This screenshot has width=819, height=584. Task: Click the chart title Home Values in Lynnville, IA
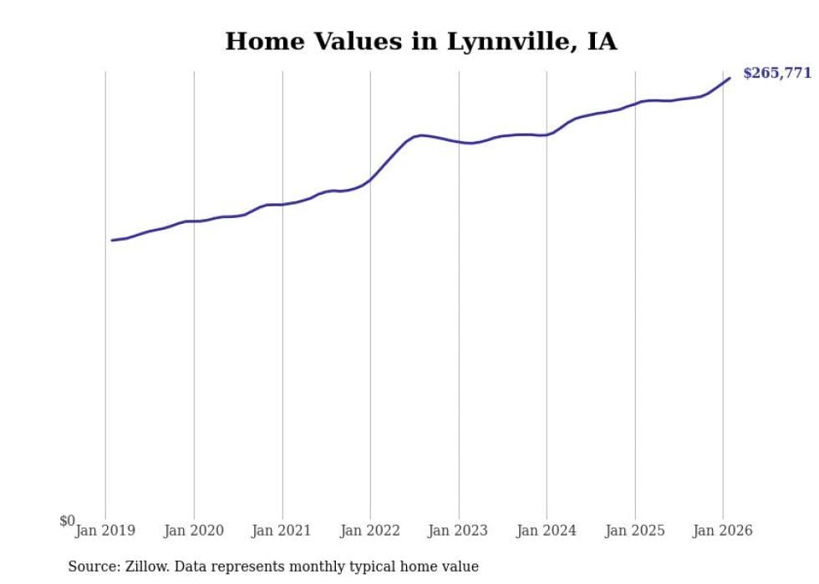420,42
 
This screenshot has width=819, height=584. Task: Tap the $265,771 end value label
776,73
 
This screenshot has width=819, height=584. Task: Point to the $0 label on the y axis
67,521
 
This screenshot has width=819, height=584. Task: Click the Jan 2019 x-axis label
105,531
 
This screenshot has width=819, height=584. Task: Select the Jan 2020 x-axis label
194,531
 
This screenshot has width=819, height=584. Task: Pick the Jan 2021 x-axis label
282,531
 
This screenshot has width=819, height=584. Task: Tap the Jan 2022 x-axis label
370,531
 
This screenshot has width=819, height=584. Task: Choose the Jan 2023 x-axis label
459,531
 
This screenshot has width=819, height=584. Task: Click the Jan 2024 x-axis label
547,531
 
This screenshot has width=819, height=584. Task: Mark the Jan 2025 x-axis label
635,531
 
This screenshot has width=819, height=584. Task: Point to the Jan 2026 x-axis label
723,531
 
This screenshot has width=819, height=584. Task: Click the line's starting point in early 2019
112,240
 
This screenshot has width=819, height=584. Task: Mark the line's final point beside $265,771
730,79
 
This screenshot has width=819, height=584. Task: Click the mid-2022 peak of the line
422,135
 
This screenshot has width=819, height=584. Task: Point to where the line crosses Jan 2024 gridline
547,135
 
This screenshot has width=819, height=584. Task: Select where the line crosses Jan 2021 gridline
282,204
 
